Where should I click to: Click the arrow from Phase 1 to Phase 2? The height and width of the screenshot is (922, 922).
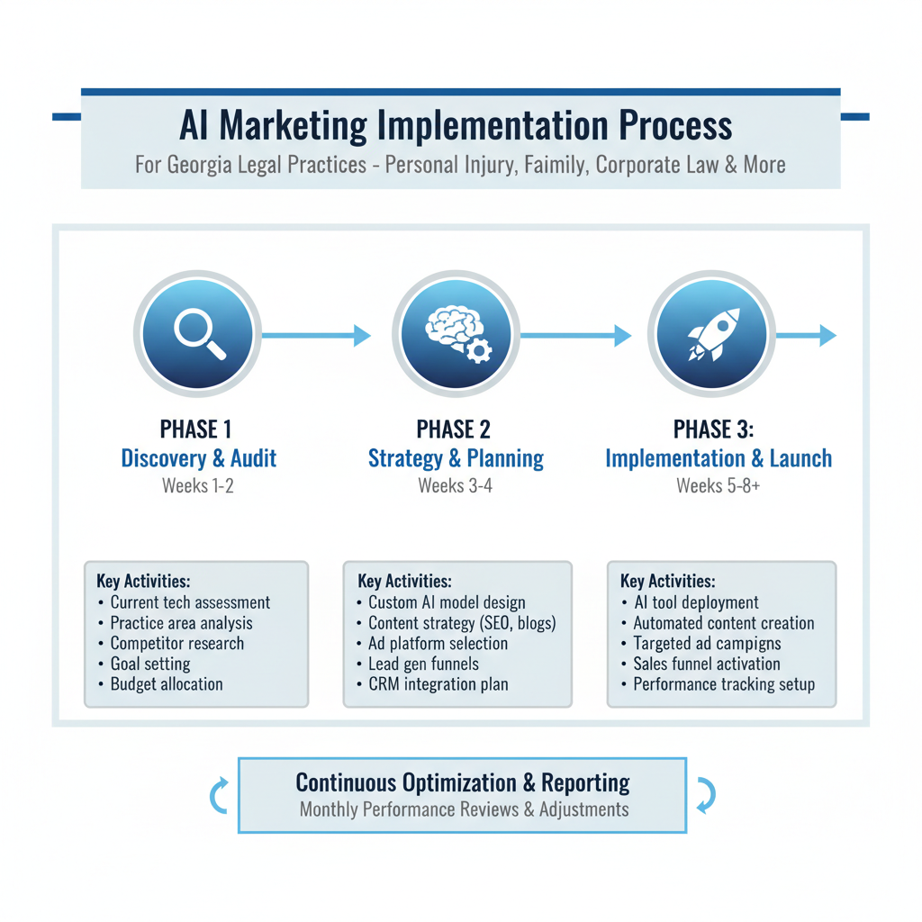[x=315, y=336]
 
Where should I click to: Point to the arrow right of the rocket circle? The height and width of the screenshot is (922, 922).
[x=806, y=336]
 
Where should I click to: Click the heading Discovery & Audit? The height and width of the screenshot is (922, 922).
[x=198, y=458]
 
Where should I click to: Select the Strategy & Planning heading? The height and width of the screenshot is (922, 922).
[x=456, y=458]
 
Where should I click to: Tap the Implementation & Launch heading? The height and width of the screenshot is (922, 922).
[x=718, y=458]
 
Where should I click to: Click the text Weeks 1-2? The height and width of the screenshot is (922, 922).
[x=198, y=486]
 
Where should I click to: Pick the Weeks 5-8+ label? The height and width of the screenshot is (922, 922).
[x=718, y=486]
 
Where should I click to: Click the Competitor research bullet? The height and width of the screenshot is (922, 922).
[x=176, y=644]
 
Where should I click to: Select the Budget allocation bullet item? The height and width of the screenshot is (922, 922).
[x=166, y=684]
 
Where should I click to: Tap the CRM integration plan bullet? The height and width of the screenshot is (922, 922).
[x=438, y=684]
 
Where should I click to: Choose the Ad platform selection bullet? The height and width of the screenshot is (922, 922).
[x=438, y=644]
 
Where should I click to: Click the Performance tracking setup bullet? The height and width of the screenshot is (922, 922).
[x=723, y=684]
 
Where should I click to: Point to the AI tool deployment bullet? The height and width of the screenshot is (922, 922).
[x=695, y=603]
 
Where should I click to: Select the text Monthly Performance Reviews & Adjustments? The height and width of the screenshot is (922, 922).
[x=464, y=809]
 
